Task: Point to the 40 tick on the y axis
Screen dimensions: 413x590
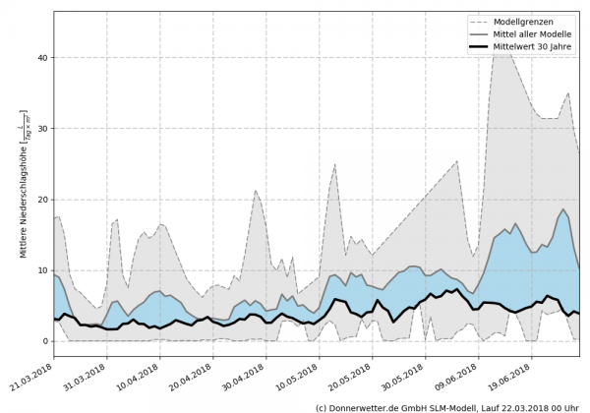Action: [42, 58]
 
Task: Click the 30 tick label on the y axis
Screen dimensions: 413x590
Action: [42, 129]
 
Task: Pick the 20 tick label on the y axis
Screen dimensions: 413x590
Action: [42, 200]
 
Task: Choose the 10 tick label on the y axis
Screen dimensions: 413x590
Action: [42, 270]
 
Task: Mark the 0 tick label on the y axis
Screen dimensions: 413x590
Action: [45, 341]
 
